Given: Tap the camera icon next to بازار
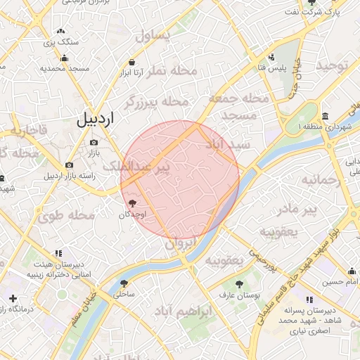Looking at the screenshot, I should (x=94, y=143).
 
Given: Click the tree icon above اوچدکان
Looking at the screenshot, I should (x=134, y=202).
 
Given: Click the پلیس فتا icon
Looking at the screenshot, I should (x=274, y=57).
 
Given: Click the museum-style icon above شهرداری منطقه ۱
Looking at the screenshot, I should (x=325, y=116).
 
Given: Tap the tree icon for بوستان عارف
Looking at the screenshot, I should (x=240, y=285).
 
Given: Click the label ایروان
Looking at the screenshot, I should (x=183, y=244).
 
